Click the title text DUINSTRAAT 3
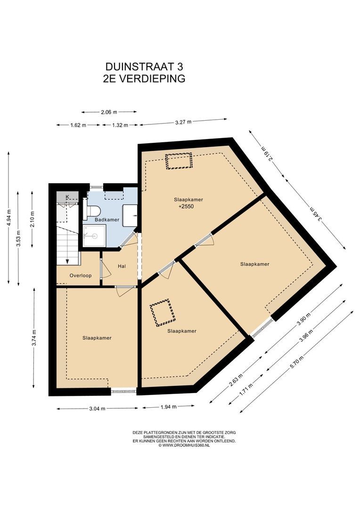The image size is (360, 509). click(144, 66)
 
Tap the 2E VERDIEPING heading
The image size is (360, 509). click(144, 79)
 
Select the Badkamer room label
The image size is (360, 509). click(107, 220)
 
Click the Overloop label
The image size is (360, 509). click(81, 276)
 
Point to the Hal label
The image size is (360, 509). click(122, 266)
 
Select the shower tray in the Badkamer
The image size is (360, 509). click(94, 236)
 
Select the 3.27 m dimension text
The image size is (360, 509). click(183, 122)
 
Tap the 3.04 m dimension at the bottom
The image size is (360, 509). click(97, 409)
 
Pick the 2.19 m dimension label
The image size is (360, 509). click(268, 153)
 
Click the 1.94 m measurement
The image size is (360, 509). click(169, 407)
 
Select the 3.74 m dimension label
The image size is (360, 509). click(34, 338)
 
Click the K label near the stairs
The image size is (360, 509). click(67, 197)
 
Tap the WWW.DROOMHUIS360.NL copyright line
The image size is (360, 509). click(184, 445)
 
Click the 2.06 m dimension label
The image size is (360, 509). click(109, 112)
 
